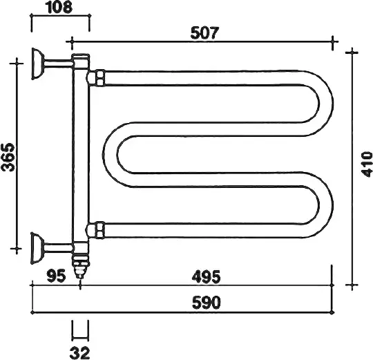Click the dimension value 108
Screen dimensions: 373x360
(x=59, y=7)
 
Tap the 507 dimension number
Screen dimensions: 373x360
(x=204, y=33)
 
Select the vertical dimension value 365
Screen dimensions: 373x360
(x=8, y=157)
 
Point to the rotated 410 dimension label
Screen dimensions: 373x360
(x=366, y=164)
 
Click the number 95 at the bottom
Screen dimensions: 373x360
(x=56, y=276)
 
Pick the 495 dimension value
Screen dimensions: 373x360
(x=207, y=277)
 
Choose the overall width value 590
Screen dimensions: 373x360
(x=207, y=303)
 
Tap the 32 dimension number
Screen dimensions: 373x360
(x=80, y=353)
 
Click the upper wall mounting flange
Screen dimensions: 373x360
(x=37, y=64)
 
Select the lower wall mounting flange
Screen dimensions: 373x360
(x=37, y=248)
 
